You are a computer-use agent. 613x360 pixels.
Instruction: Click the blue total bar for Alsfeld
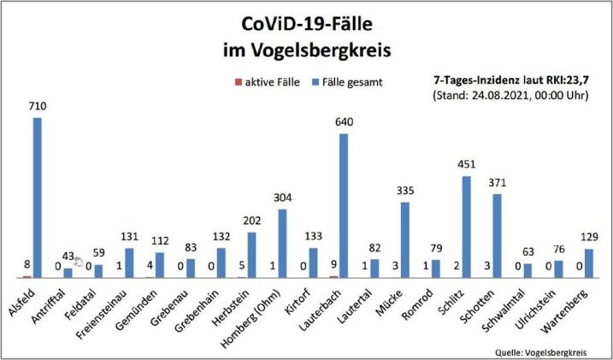click(37, 197)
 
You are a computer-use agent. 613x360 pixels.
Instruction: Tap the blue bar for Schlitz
click(466, 227)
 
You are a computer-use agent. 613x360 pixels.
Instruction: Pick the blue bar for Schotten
click(497, 235)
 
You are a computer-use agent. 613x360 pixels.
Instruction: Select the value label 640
click(344, 122)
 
